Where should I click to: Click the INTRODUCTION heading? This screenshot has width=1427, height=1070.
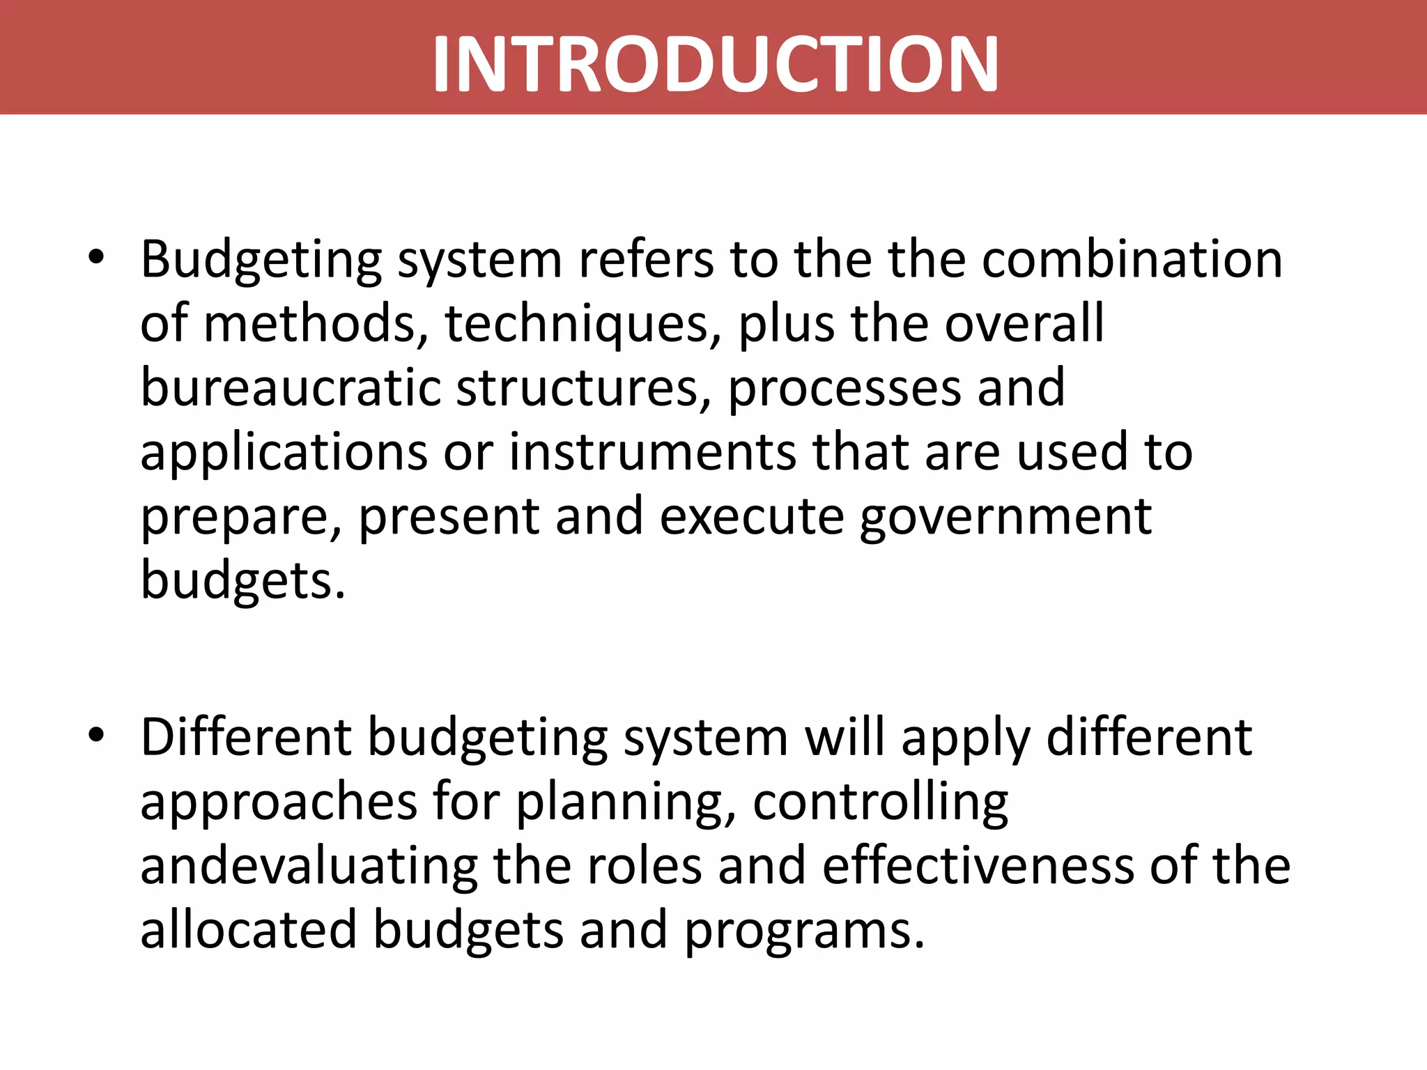[716, 64]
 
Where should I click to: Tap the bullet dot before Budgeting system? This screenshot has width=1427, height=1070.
[96, 257]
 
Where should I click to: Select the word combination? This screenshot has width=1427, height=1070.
[1132, 259]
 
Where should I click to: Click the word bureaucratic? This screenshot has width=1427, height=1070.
[290, 388]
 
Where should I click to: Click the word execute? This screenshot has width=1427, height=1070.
[751, 517]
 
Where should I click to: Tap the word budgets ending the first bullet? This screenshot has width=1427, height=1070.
[242, 581]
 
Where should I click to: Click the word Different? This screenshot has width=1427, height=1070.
[246, 737]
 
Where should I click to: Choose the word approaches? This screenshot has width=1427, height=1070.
[278, 802]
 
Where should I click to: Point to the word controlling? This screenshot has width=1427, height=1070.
[880, 802]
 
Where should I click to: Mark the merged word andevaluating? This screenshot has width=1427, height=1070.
[309, 867]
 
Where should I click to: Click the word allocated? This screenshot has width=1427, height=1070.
[249, 930]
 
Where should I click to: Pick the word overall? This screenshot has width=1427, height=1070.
[1024, 323]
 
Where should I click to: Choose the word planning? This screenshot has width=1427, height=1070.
[625, 802]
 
